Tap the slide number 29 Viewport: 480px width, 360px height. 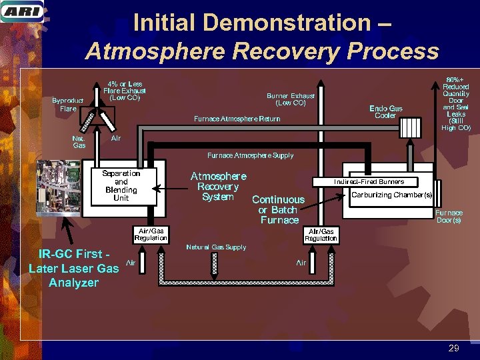(x=454, y=348)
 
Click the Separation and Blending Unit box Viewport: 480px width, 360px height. (x=121, y=186)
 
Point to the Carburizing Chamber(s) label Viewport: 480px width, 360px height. (x=391, y=195)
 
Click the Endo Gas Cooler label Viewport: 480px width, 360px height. (x=386, y=112)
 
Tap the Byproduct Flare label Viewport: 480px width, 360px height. (x=68, y=104)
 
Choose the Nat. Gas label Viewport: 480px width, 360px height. (x=79, y=141)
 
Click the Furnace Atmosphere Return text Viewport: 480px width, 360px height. (x=237, y=119)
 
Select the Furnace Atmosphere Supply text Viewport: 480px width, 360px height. (x=250, y=155)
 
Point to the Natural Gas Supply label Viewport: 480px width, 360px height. (x=216, y=247)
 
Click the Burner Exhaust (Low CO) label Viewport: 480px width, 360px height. (x=290, y=99)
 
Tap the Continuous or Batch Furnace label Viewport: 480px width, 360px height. (x=279, y=209)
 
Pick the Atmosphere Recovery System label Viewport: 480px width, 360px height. (x=218, y=186)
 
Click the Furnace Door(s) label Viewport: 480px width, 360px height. (x=449, y=217)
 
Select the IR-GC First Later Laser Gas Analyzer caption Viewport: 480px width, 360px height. (x=73, y=268)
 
